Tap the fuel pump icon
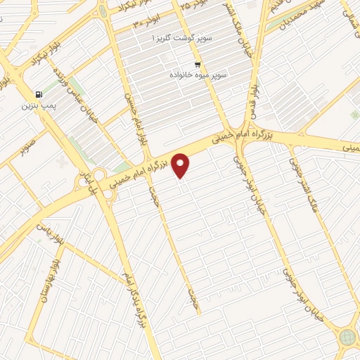tap(38, 94)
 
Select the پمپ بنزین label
tap(37, 105)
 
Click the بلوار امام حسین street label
tap(136, 117)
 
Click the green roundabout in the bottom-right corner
tap(347, 337)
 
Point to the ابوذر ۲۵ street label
tap(184, 6)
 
